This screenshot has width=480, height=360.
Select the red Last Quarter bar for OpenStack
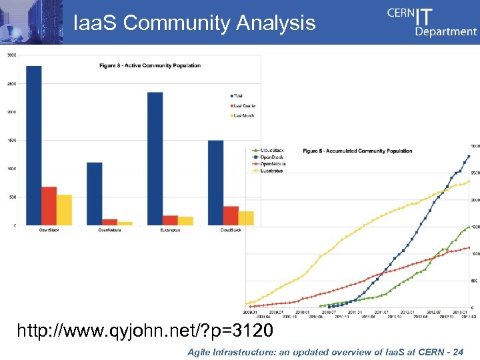(x=49, y=206)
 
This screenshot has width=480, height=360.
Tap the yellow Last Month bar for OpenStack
(x=64, y=210)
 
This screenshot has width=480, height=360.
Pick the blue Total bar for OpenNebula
(x=94, y=193)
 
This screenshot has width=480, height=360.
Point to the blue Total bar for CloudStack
(x=215, y=183)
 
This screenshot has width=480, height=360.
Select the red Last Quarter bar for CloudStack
(x=231, y=215)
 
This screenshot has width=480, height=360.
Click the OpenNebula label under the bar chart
(x=110, y=230)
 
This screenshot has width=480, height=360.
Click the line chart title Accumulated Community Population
(x=357, y=151)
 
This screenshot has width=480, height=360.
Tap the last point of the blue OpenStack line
(x=469, y=156)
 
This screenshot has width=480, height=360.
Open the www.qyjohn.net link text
(x=144, y=329)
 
